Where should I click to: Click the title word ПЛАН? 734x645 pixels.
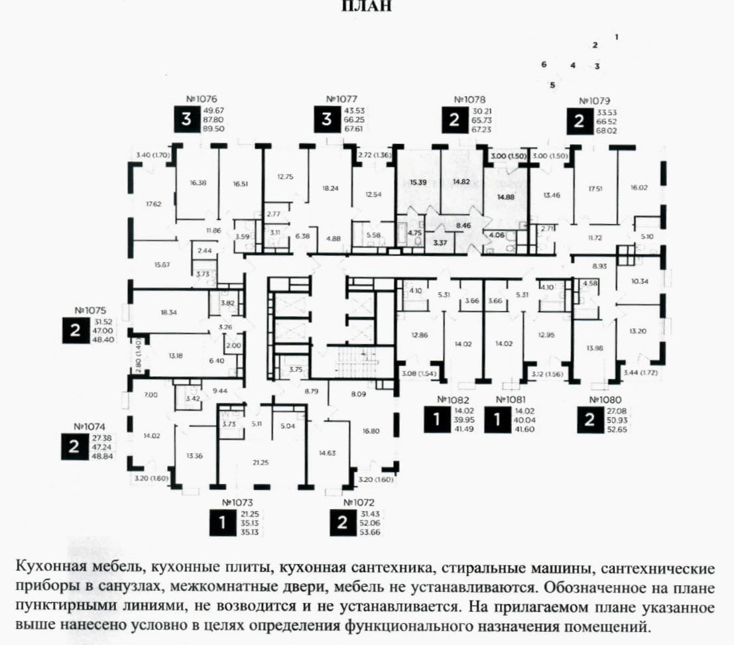367,7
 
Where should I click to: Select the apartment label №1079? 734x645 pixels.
594,101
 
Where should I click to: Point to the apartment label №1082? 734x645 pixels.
454,400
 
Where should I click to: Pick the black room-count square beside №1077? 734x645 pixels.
326,120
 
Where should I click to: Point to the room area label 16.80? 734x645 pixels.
371,430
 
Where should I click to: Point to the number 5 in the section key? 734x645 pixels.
552,85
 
